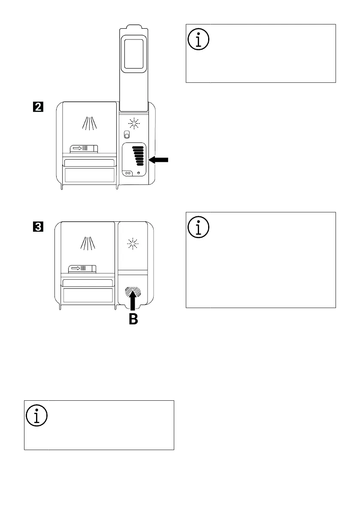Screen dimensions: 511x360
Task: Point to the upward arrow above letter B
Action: tap(133, 300)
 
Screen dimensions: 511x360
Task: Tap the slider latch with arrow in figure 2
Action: tap(84, 148)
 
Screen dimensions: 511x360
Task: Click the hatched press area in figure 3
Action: tap(133, 292)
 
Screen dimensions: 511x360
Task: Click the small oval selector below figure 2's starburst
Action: tap(127, 135)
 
